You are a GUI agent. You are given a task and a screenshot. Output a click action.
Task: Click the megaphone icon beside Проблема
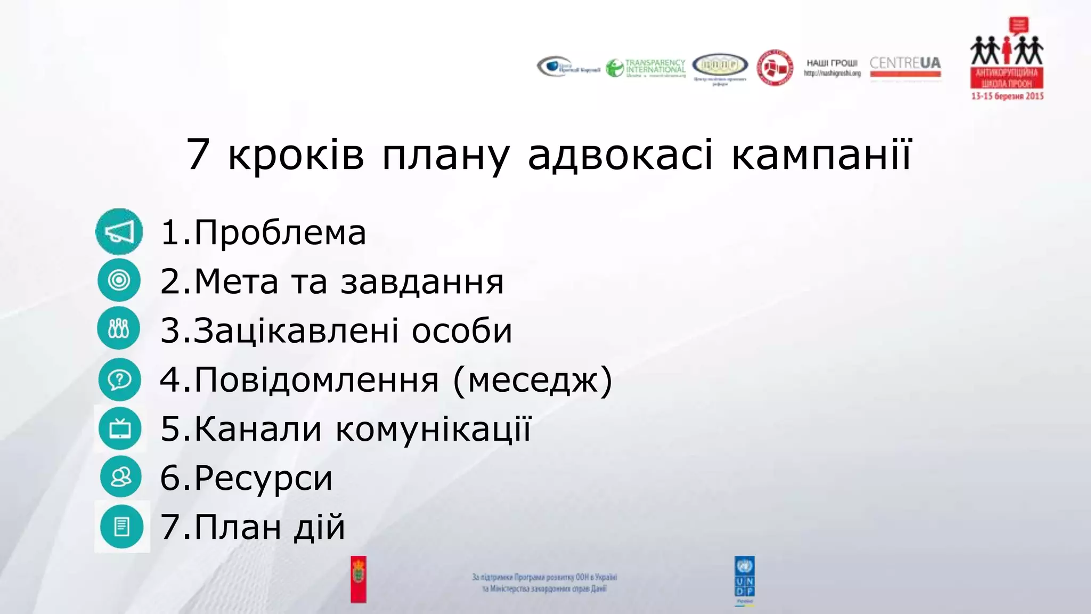[x=119, y=232]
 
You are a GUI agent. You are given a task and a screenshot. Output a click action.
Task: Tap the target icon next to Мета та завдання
[x=119, y=280]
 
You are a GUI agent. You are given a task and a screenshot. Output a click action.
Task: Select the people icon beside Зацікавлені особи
[x=119, y=328]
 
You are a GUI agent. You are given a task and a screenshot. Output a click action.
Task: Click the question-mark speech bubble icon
[x=119, y=379]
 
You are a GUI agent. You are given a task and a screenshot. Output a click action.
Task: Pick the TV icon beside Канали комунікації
[x=120, y=429]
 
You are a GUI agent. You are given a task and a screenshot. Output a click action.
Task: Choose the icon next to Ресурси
[x=121, y=477]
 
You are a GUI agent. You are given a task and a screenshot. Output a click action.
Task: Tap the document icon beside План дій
[x=122, y=527]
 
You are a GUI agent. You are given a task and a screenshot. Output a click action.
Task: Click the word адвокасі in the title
[x=620, y=155]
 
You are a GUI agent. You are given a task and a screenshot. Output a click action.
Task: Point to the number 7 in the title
[x=198, y=155]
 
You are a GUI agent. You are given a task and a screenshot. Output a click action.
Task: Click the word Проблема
[x=280, y=233]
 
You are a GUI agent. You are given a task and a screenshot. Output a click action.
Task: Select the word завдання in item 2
[x=422, y=282]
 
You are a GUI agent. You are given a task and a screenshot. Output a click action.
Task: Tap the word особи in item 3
[x=462, y=331]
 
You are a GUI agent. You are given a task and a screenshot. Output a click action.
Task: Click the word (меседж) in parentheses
[x=533, y=381]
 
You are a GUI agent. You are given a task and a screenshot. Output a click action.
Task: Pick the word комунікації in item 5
[x=434, y=430]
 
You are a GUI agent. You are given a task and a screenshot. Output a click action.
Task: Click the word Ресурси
[x=263, y=478]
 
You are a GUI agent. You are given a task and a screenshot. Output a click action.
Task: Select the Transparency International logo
[x=646, y=68]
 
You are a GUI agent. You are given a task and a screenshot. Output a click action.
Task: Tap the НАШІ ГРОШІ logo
[x=832, y=68]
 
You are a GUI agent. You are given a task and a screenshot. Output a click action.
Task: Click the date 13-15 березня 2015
[x=1007, y=96]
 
